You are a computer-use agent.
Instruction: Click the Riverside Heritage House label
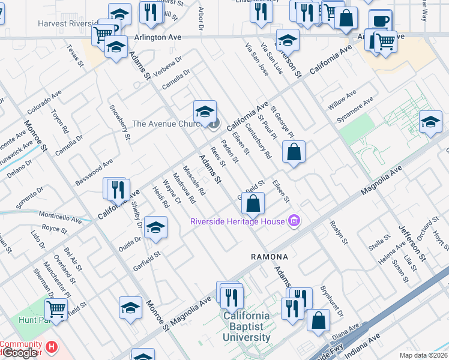[237, 221]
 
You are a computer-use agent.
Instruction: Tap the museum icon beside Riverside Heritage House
[294, 221]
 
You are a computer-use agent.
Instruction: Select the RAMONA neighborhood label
[270, 257]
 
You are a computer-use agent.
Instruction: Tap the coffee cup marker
[379, 21]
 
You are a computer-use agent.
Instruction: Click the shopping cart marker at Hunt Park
[56, 310]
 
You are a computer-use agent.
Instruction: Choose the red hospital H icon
[52, 346]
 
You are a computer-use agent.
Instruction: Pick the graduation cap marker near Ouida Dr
[155, 227]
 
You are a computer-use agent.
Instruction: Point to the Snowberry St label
[120, 122]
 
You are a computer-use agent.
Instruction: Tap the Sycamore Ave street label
[355, 109]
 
